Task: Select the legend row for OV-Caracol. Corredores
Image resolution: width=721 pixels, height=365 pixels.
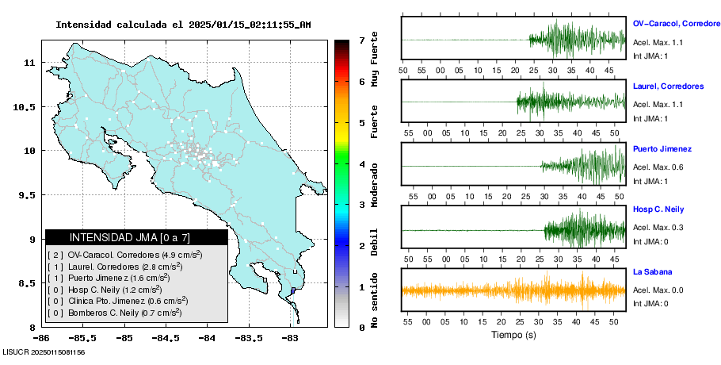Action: [124, 255]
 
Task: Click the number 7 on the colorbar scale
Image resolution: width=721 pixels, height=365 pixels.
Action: [361, 40]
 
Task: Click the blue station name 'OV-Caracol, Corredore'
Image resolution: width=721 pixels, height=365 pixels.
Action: [676, 25]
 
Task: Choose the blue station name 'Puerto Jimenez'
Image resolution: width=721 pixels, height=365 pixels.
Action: [662, 148]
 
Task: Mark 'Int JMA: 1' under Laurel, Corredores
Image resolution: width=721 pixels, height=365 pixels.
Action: [650, 118]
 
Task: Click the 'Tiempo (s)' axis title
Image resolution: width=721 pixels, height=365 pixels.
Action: [513, 335]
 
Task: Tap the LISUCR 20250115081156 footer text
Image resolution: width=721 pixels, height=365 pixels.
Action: [44, 352]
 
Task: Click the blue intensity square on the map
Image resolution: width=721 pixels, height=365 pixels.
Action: [293, 291]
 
